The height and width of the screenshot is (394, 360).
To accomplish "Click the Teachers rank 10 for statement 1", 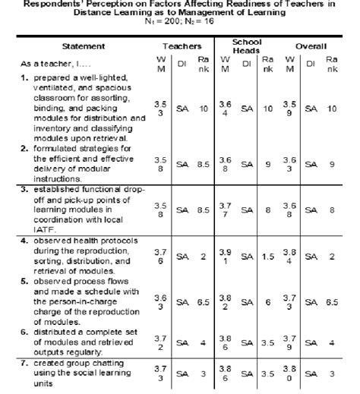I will tap(203, 109).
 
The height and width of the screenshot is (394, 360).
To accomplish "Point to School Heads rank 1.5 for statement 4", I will tap(268, 258).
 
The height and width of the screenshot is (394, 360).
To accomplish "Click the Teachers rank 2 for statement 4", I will tap(203, 258).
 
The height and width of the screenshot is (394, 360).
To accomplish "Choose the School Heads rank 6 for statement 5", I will tap(268, 301).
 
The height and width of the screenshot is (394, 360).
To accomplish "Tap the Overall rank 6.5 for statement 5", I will tap(332, 301).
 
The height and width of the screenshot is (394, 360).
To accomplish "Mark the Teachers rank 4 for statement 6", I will tap(203, 343).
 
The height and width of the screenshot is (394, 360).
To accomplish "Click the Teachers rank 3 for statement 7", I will tap(203, 374).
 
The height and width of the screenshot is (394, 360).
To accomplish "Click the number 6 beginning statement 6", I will tap(24, 333).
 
